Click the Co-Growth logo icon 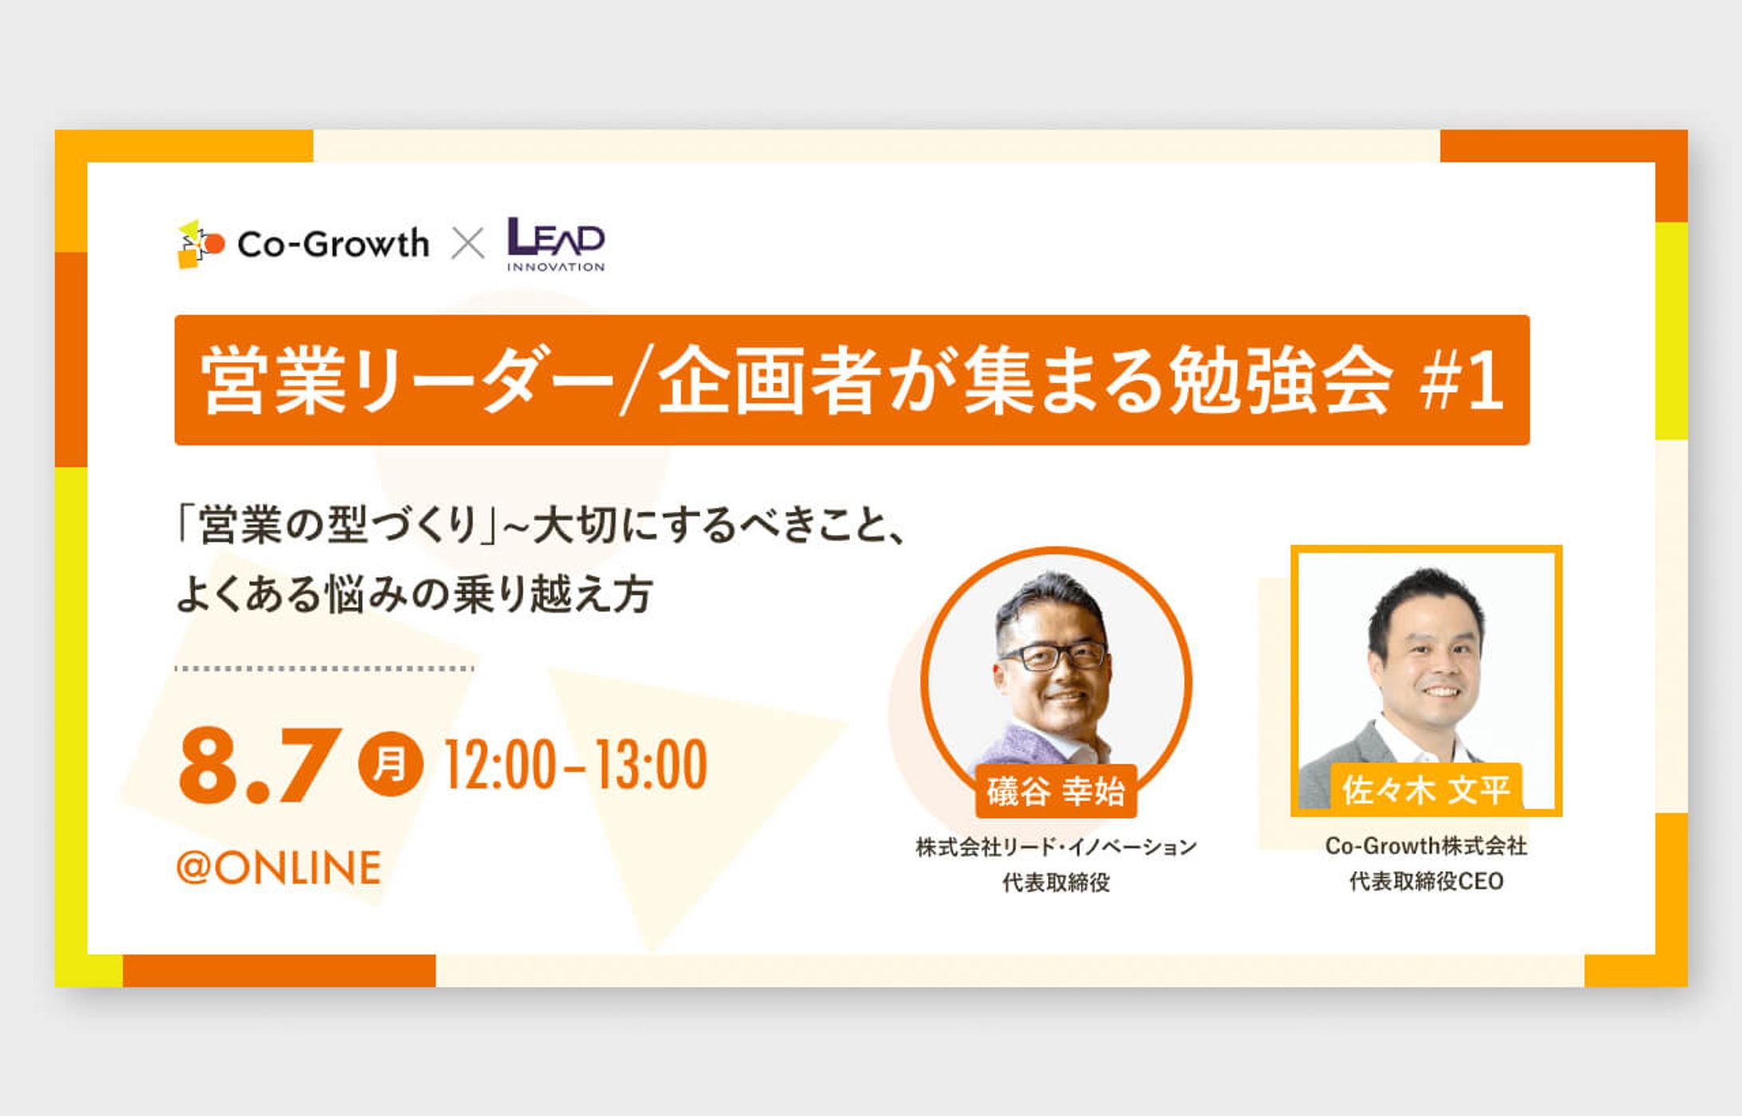pos(200,243)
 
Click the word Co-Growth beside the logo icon pos(333,244)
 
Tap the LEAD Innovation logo pos(556,244)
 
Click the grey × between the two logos pos(468,244)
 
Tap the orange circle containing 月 pos(390,764)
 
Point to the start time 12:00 pos(499,765)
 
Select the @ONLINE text pos(278,868)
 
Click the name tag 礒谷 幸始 pos(1055,791)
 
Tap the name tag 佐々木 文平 pos(1426,790)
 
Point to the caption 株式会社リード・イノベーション pos(1056,846)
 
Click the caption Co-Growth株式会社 pos(1426,846)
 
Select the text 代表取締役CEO pos(1426,881)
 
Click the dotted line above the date pos(325,668)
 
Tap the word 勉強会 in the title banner pos(1280,381)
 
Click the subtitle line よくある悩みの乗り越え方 pos(415,594)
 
